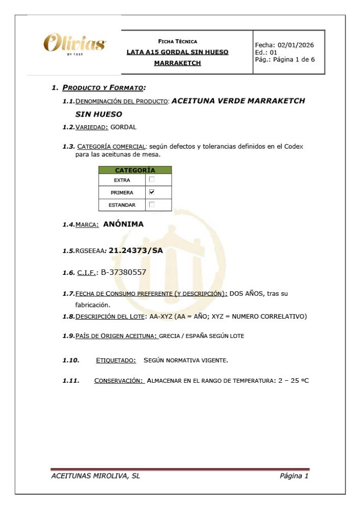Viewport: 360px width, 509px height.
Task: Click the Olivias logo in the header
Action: point(74,43)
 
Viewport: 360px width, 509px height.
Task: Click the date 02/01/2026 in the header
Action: point(296,45)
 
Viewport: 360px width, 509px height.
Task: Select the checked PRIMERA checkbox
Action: point(152,192)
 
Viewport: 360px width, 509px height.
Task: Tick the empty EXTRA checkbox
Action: point(152,180)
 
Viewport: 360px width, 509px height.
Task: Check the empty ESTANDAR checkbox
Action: point(152,205)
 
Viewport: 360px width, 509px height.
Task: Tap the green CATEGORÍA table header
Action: point(135,170)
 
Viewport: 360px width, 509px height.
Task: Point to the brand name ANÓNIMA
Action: point(123,224)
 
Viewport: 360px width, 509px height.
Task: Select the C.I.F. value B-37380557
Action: point(124,272)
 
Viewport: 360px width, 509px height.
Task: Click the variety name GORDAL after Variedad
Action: point(123,127)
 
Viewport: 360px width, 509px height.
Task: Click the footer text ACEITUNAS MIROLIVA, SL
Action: point(96,476)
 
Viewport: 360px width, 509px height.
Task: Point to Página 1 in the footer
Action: point(294,476)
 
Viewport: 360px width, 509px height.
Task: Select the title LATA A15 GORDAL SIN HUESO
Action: point(177,52)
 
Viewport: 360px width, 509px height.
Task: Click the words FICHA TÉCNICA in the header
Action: point(178,41)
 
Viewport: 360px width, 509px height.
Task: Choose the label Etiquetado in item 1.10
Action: point(116,360)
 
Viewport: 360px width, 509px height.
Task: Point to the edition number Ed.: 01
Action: point(266,52)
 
